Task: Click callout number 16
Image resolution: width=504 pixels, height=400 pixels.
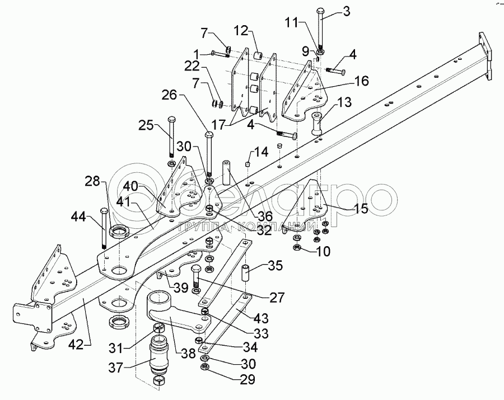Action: (361, 82)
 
